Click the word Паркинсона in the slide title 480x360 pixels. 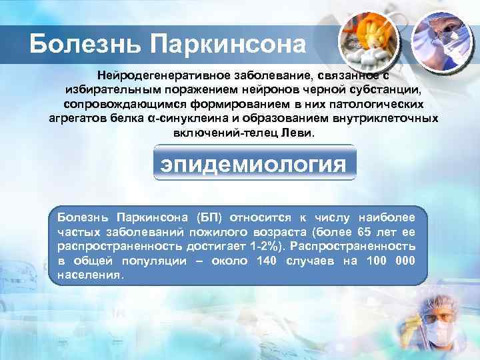(x=229, y=45)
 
